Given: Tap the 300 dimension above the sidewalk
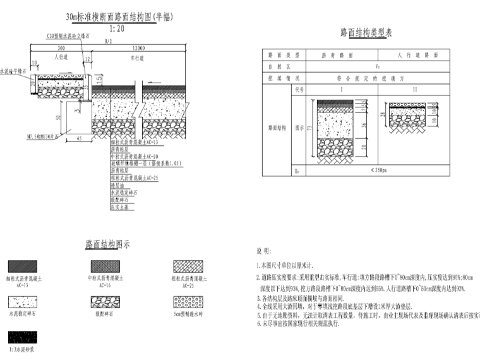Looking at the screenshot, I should (61, 48).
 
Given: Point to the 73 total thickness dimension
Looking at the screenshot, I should (309, 129).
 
